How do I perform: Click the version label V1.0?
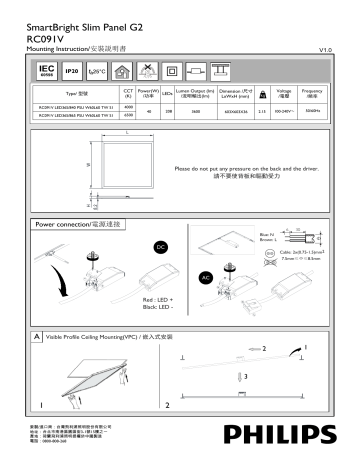(x=324, y=48)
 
